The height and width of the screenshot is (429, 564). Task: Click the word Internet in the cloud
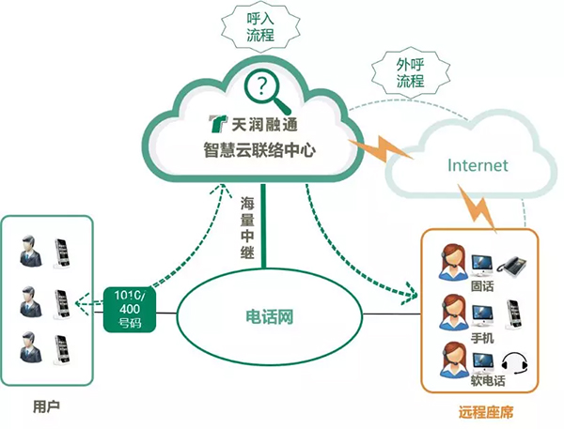pyautogui.click(x=478, y=165)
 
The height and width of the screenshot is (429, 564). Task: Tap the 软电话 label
pyautogui.click(x=485, y=382)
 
